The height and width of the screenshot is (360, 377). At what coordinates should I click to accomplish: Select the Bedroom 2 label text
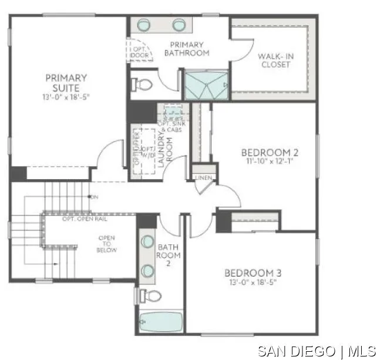coord(270,153)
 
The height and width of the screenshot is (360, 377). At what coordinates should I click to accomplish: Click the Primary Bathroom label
coord(187,49)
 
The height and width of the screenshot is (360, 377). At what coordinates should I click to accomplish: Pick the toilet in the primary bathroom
coord(142,85)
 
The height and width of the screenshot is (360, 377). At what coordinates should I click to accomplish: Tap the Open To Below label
coord(107,244)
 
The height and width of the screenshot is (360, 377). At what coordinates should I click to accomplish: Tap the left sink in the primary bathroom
coord(144,25)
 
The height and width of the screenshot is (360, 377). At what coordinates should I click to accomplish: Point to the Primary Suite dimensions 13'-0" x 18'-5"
coord(66,96)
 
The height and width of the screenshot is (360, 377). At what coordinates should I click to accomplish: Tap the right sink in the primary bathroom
coord(179,25)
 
